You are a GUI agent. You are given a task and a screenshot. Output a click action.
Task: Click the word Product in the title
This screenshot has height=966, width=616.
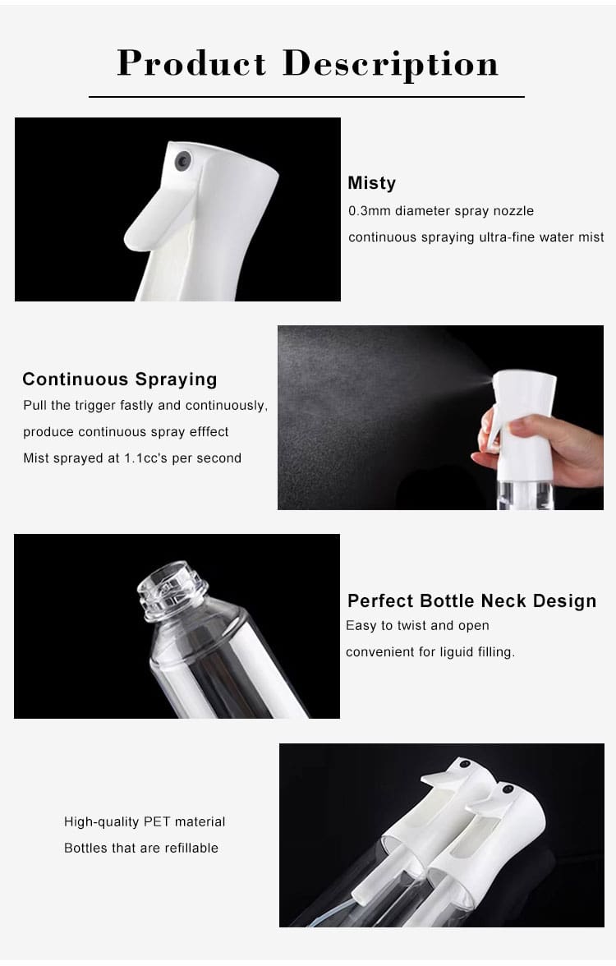pyautogui.click(x=191, y=64)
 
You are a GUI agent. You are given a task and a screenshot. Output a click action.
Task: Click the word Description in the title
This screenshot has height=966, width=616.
pyautogui.click(x=390, y=64)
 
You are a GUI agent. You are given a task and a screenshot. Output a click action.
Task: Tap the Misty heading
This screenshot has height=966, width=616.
pyautogui.click(x=371, y=183)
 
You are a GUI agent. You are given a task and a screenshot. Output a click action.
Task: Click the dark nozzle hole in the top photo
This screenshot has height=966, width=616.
pyautogui.click(x=183, y=160)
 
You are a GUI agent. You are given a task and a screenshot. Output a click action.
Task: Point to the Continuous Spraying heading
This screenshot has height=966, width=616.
pyautogui.click(x=120, y=379)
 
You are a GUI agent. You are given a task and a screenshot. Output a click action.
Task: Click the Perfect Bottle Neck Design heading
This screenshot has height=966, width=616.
pyautogui.click(x=471, y=601)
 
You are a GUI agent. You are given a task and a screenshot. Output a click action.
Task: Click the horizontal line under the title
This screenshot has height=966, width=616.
pyautogui.click(x=306, y=97)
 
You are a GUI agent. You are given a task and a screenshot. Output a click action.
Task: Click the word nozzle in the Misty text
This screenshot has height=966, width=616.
pyautogui.click(x=513, y=211)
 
